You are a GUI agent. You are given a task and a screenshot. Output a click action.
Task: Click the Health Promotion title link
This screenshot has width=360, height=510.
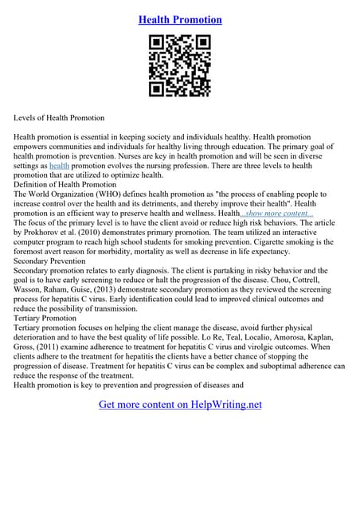180,19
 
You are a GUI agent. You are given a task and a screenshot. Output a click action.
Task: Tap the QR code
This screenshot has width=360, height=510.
180,66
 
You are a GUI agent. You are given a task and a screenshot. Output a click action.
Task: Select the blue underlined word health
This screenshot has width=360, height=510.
60,166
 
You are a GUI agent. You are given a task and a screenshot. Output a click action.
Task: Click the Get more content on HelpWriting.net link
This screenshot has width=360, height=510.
180,404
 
